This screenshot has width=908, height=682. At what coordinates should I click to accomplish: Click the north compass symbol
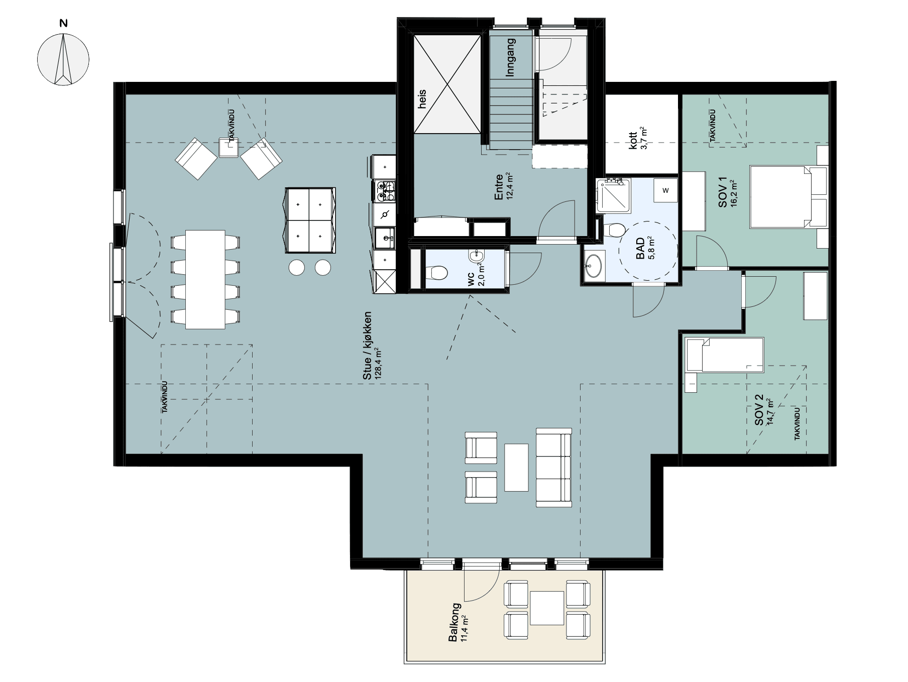tap(63, 58)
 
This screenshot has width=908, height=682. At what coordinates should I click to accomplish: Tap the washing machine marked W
tap(666, 190)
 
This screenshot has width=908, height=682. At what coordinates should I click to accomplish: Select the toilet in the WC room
tap(436, 273)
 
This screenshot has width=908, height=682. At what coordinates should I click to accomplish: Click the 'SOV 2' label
tap(759, 410)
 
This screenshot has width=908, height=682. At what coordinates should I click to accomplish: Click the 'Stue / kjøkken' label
tap(368, 346)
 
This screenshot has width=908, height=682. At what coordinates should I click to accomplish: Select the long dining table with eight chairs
tap(205, 279)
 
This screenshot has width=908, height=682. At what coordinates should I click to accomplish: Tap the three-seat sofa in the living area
tap(554, 467)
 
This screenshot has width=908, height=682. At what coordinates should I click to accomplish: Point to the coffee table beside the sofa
tap(516, 467)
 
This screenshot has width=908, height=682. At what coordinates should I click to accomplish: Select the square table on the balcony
tap(546, 608)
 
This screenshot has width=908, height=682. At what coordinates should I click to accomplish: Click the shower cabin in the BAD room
tap(614, 195)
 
